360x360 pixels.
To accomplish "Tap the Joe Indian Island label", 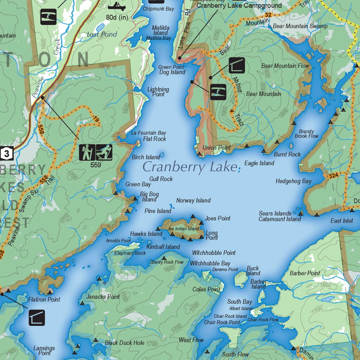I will (183, 229).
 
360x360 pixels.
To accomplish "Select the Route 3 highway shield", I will (7, 153).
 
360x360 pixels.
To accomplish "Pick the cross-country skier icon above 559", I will (104, 152).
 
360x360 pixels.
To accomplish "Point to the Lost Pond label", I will (102, 34).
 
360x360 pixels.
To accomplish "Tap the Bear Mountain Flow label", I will (285, 66).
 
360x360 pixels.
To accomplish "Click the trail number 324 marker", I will (333, 176).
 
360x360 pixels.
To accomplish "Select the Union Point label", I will (217, 148).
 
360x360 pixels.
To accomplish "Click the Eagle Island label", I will (259, 163).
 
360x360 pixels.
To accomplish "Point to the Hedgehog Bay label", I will (294, 181).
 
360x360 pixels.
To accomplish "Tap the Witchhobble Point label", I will (214, 253).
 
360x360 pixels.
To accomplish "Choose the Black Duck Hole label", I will (124, 343).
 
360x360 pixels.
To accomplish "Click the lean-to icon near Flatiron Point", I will (37, 317).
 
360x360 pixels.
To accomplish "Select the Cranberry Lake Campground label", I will (239, 6).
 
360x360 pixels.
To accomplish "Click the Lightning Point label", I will (158, 92).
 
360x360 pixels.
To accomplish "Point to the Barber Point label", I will (305, 273).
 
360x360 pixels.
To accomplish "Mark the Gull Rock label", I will (161, 179).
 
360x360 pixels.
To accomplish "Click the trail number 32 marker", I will (268, 15).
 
